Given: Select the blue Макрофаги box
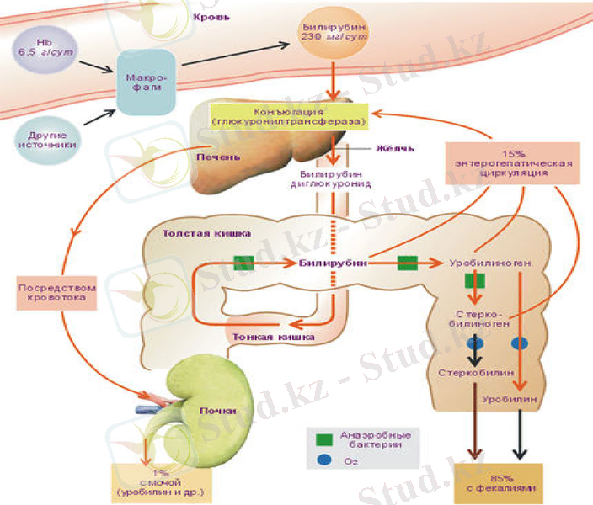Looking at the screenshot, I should (145, 82).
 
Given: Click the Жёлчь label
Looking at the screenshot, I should (395, 149).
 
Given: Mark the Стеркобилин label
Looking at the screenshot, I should (468, 370).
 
